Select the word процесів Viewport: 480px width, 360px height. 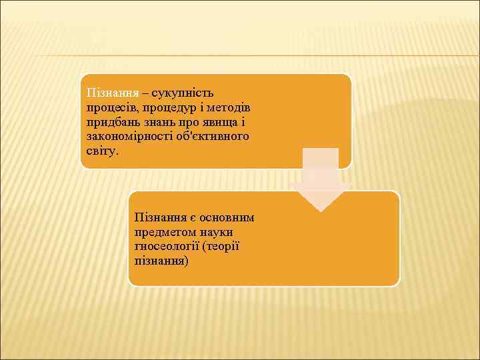click(x=107, y=107)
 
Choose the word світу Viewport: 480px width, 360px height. click(x=101, y=151)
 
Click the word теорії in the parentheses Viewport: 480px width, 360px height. click(x=221, y=247)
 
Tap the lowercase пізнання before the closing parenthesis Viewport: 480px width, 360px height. click(x=161, y=261)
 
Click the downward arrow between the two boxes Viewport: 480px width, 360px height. click(x=320, y=180)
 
